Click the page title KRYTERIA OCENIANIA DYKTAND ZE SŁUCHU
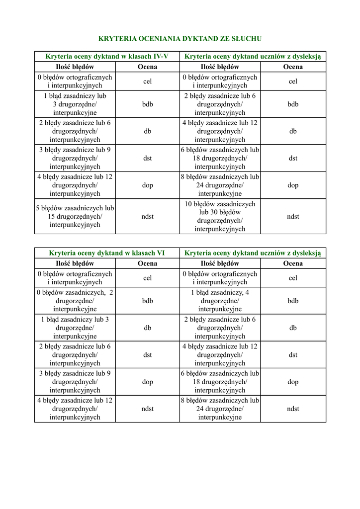click(180, 38)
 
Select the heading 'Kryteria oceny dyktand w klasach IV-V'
click(107, 56)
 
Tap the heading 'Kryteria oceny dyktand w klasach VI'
click(107, 253)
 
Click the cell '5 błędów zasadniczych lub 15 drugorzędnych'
click(75, 216)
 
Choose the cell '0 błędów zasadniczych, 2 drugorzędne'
click(75, 301)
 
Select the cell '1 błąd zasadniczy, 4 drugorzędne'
click(220, 301)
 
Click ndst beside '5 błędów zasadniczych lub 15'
click(148, 216)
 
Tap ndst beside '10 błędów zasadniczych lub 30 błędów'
click(293, 216)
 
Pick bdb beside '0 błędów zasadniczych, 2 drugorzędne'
click(148, 301)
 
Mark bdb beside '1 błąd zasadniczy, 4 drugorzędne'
click(293, 301)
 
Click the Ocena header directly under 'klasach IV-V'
click(148, 67)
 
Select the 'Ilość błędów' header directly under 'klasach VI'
click(75, 263)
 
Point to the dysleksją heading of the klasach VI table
click(253, 253)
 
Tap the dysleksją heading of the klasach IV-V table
click(253, 56)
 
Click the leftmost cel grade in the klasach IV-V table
click(148, 82)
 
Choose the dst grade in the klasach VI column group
click(148, 355)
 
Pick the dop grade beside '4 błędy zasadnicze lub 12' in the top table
click(148, 185)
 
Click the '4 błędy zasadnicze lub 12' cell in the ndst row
click(75, 409)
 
